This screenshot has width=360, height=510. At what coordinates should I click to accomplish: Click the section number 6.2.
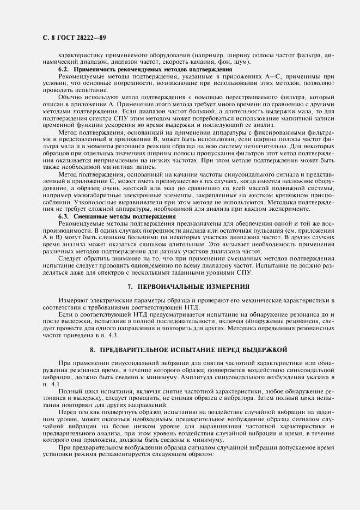tap(64, 70)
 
